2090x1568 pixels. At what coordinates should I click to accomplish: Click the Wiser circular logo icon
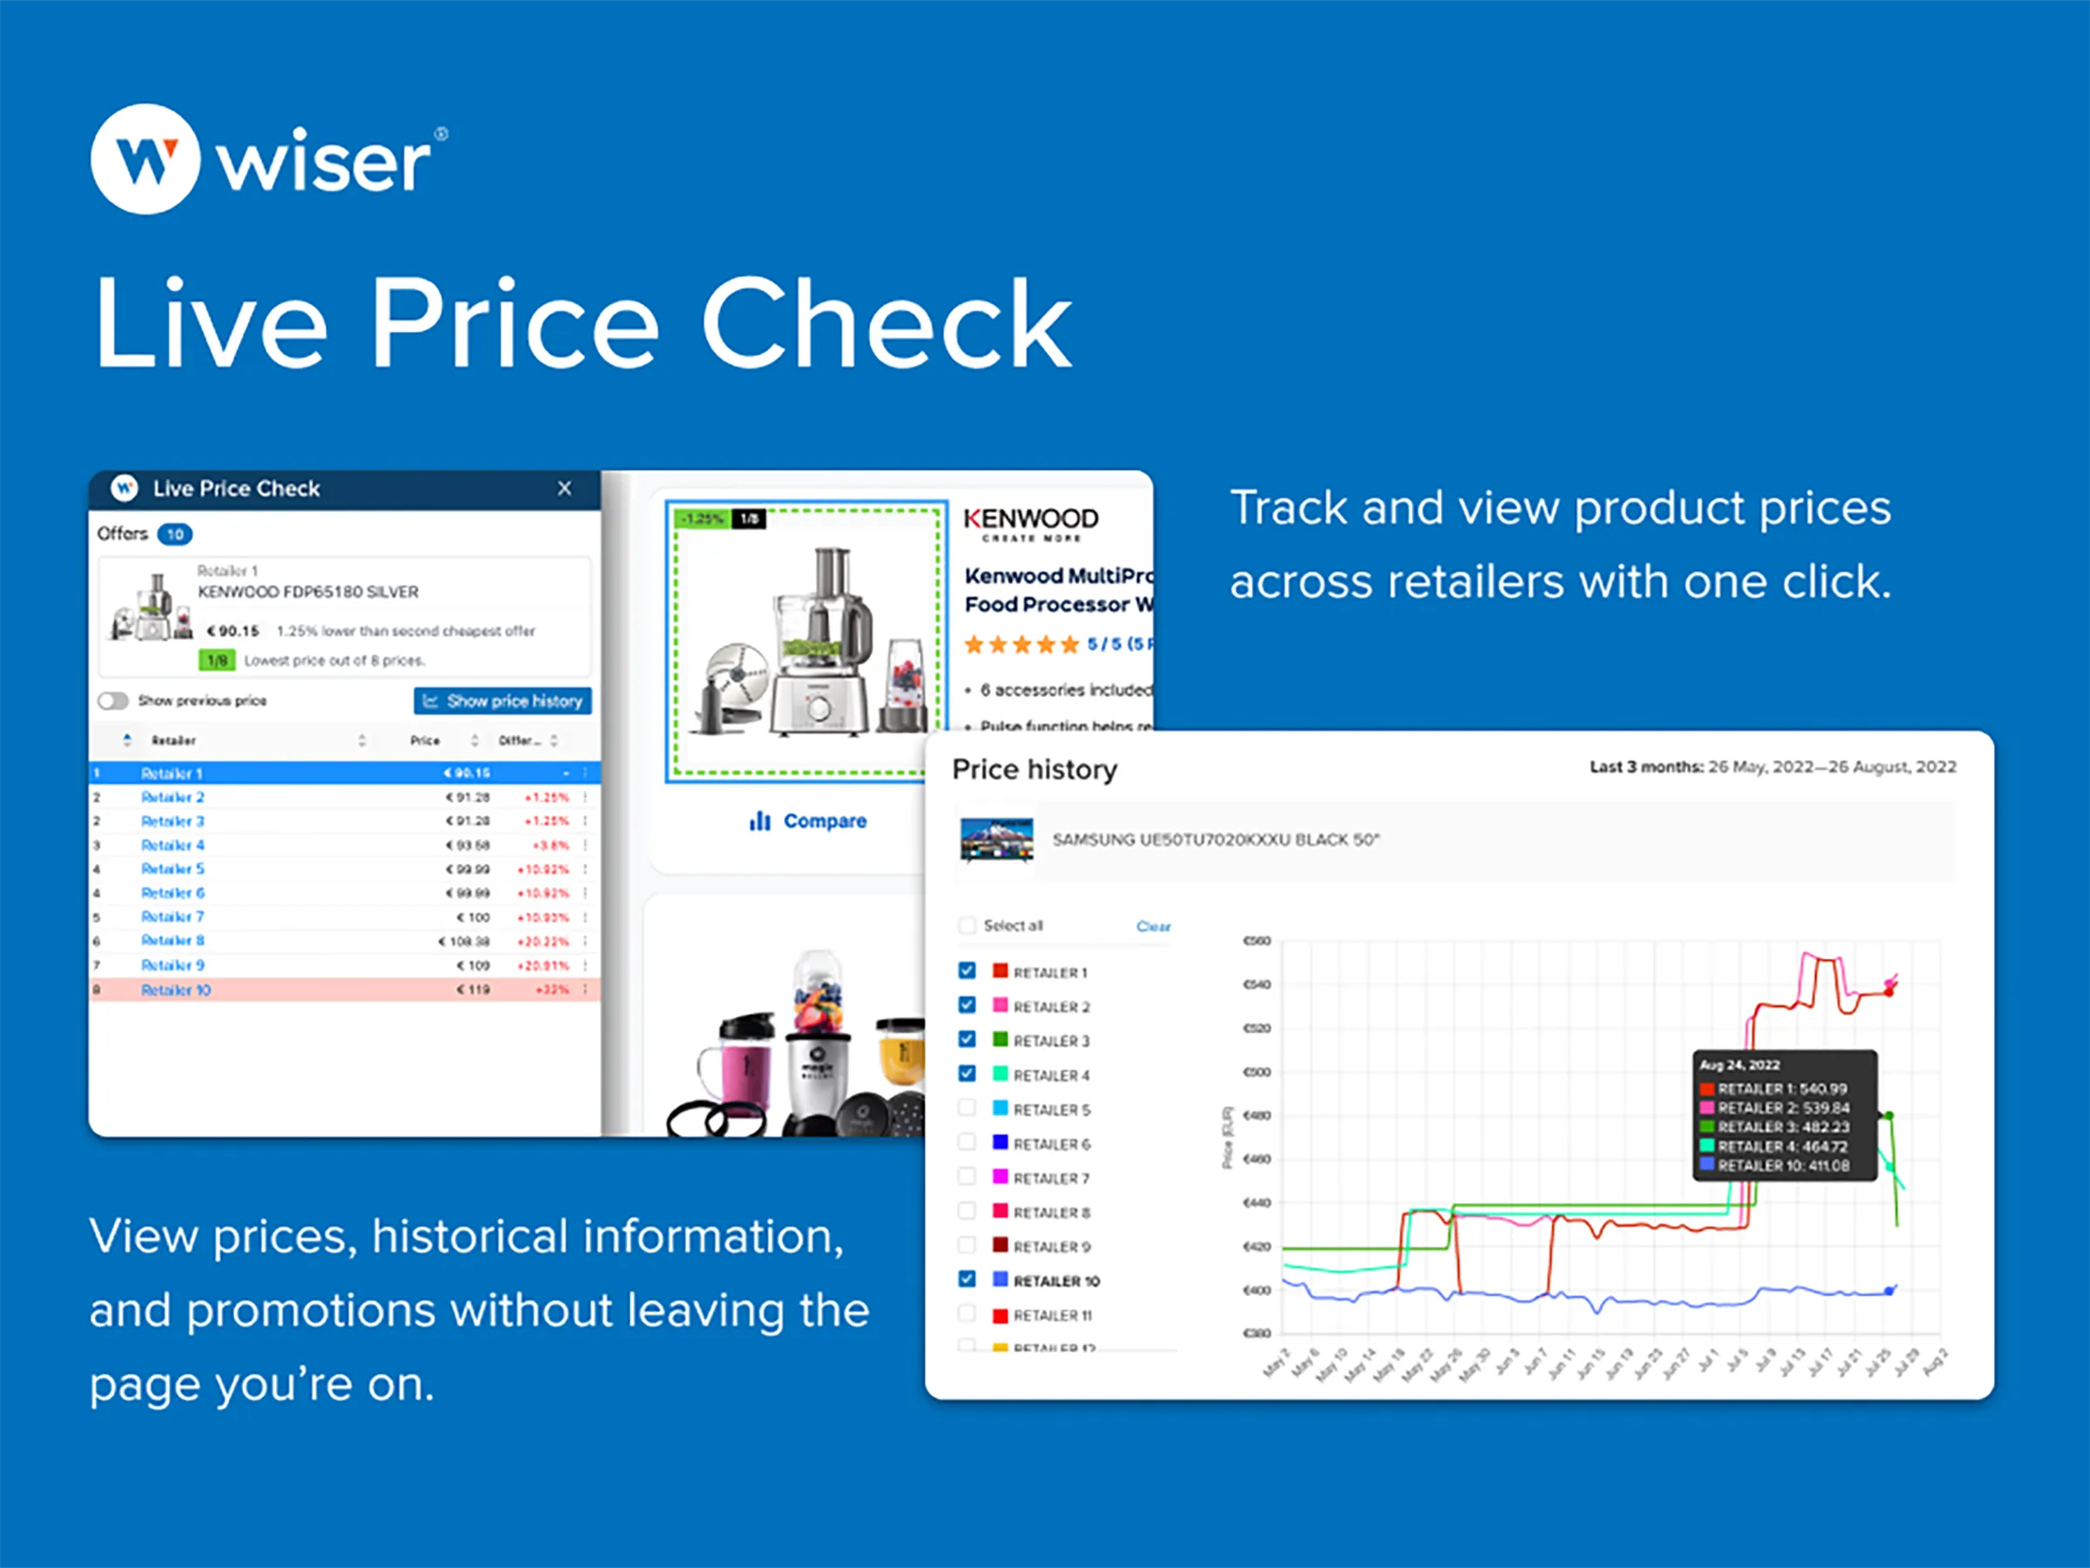tap(145, 159)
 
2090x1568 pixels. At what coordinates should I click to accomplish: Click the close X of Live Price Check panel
tap(564, 489)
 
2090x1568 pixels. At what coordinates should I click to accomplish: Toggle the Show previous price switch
tap(113, 700)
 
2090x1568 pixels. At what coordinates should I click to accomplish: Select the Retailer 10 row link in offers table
tap(176, 990)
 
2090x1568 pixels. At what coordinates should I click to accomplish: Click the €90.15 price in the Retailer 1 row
tap(467, 774)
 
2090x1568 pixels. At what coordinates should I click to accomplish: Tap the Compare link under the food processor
tap(808, 821)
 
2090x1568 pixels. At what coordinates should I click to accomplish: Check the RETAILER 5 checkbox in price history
tap(967, 1108)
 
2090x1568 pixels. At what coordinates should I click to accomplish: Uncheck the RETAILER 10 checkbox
tap(967, 1279)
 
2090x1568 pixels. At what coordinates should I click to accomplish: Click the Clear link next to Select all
tap(1153, 926)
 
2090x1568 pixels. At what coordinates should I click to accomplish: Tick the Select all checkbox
tap(967, 925)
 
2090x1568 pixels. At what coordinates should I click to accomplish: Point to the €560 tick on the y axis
tap(1257, 941)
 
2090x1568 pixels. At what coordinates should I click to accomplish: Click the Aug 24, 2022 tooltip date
tap(1739, 1065)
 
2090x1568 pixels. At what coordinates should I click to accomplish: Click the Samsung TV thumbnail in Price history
tap(996, 839)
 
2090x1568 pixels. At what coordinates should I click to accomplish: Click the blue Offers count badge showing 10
tap(175, 534)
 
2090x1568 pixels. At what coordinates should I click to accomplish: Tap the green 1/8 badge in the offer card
tap(216, 659)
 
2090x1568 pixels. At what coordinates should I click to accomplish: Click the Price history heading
tap(1035, 769)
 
